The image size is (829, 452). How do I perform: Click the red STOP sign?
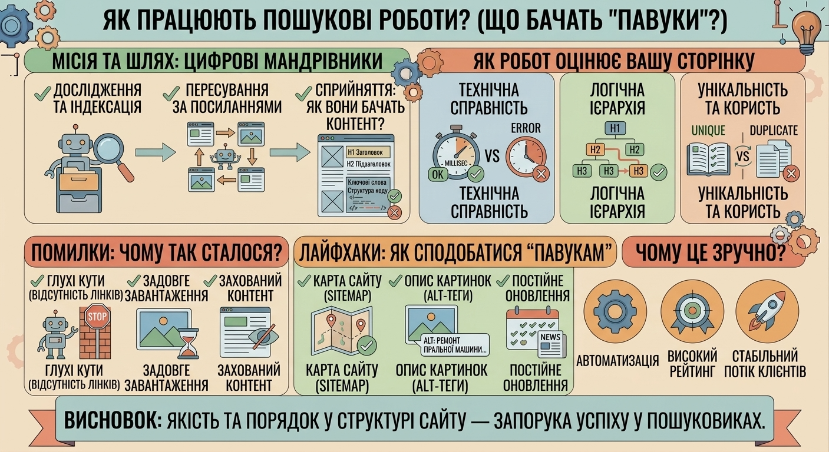[97, 316]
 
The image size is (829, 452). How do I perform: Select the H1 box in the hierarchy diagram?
[615, 128]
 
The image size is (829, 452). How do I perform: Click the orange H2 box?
[595, 149]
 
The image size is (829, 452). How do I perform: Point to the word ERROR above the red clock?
[526, 128]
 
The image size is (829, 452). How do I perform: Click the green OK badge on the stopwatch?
[437, 174]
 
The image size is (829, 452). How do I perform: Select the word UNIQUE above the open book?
[708, 131]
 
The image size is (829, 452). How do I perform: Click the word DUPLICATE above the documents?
[774, 131]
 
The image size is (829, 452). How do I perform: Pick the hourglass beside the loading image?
[189, 343]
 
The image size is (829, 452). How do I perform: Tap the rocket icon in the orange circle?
[767, 310]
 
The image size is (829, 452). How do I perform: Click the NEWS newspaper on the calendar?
[551, 344]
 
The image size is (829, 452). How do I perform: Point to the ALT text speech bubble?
[455, 345]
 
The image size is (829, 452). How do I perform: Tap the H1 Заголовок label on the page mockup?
[368, 152]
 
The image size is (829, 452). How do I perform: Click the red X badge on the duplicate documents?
[791, 174]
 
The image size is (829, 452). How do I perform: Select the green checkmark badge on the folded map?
[366, 345]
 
